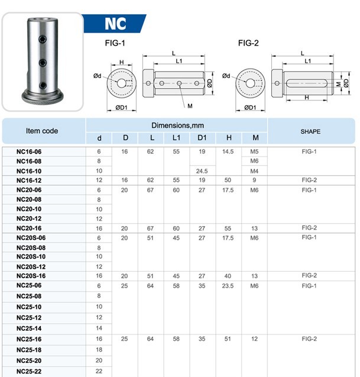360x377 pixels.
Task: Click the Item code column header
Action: [x=42, y=131]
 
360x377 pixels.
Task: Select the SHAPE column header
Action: [x=310, y=131]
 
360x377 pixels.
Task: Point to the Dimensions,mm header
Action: [x=177, y=125]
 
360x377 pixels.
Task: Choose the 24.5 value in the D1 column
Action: [x=202, y=171]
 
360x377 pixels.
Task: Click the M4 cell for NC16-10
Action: [x=255, y=171]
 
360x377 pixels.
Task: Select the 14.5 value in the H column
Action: [x=228, y=152]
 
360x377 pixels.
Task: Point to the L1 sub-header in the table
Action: [x=176, y=138]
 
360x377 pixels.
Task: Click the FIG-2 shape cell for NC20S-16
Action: [x=310, y=276]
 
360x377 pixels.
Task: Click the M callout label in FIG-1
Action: [x=190, y=105]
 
